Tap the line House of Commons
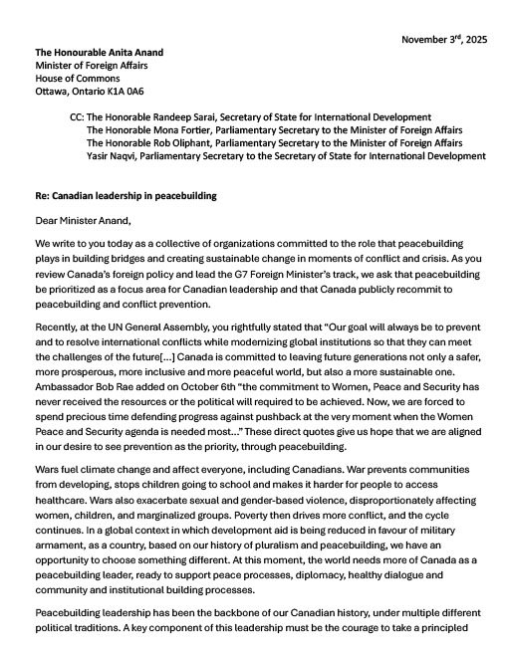pyautogui.click(x=77, y=79)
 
